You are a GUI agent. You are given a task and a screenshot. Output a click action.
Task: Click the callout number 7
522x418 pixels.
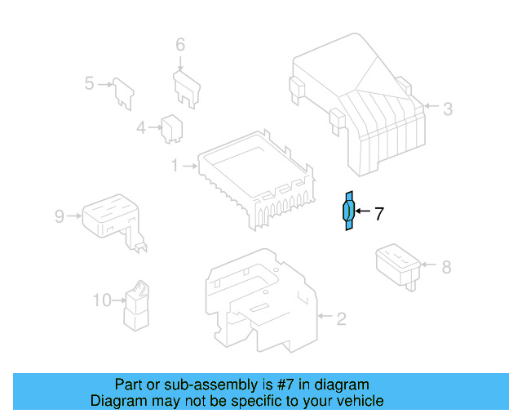point(378,215)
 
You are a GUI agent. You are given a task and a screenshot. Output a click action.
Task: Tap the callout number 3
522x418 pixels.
point(447,107)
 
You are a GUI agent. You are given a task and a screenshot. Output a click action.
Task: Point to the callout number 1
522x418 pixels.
point(174,166)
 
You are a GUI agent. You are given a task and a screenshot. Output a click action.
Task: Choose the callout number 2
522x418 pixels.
point(342,317)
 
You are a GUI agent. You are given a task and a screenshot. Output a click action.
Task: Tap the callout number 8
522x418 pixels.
point(445,266)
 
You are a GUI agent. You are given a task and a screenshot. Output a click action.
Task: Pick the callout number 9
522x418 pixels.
point(60,216)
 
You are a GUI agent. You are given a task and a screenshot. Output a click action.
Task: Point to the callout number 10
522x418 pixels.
point(101,300)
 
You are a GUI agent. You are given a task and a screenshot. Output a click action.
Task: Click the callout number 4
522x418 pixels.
point(141,127)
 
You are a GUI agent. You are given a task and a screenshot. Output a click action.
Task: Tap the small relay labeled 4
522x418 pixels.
point(171,127)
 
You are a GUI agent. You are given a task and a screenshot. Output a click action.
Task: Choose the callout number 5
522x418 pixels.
point(91,82)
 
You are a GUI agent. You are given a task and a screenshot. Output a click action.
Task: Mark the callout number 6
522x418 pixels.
point(180,44)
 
